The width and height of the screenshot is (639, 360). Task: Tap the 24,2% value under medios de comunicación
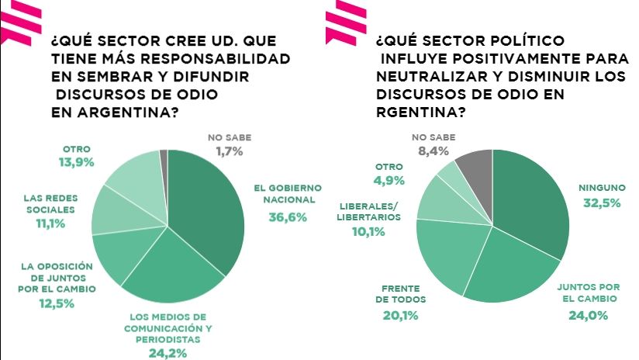tap(168, 353)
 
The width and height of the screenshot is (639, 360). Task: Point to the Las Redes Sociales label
tap(50, 203)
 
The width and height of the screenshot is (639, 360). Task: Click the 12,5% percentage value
tap(57, 303)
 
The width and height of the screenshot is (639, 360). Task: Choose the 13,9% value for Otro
tap(77, 163)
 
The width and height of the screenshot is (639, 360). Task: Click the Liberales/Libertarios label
tap(369, 211)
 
